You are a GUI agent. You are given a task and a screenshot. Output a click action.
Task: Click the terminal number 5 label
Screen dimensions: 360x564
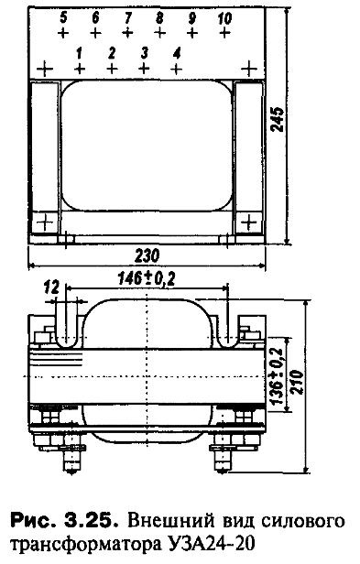coord(63,17)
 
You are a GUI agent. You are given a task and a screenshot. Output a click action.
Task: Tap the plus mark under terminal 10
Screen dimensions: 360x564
coord(224,33)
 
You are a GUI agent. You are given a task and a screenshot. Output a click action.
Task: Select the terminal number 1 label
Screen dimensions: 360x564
coord(79,53)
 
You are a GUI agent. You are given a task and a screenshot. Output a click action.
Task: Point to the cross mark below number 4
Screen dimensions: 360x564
coord(176,68)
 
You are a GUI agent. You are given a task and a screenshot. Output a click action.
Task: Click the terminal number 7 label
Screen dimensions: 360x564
coord(127,17)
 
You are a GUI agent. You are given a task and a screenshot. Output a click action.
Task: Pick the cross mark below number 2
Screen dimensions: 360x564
coord(112,68)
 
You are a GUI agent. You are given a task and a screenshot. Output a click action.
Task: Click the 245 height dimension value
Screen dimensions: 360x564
coord(278,119)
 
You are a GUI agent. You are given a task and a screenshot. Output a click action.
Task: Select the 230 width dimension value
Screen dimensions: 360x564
coord(147,255)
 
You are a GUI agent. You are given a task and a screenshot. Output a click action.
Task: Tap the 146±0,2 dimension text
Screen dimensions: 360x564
coord(147,278)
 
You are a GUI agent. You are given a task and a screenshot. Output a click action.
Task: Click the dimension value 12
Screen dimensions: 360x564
coord(50,287)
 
